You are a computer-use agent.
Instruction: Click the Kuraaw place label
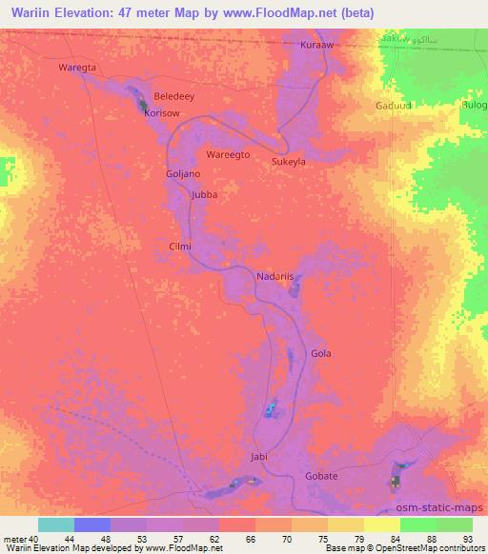tap(316, 45)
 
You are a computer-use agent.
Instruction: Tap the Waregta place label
tap(77, 68)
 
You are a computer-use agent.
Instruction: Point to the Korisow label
tap(161, 112)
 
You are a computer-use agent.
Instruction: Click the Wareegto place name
tap(228, 153)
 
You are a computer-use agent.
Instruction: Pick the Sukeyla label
tap(289, 163)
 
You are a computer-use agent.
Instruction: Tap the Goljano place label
tap(183, 174)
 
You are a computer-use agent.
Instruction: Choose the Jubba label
tap(205, 194)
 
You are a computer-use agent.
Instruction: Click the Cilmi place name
tap(180, 246)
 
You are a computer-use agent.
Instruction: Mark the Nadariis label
tap(275, 277)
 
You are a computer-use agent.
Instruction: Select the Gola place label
tap(320, 353)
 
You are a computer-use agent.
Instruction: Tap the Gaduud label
tap(394, 105)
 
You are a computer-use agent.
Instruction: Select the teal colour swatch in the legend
tap(55, 524)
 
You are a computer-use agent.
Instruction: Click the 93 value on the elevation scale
tap(467, 540)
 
